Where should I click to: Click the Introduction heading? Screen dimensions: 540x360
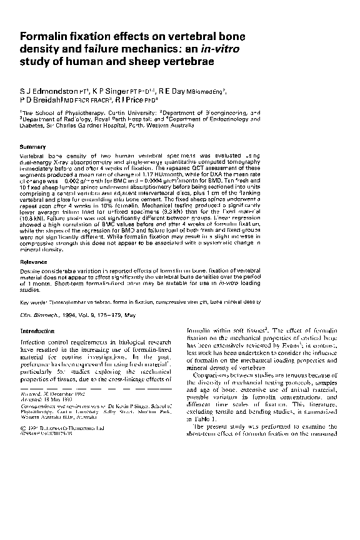pos(38,331)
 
